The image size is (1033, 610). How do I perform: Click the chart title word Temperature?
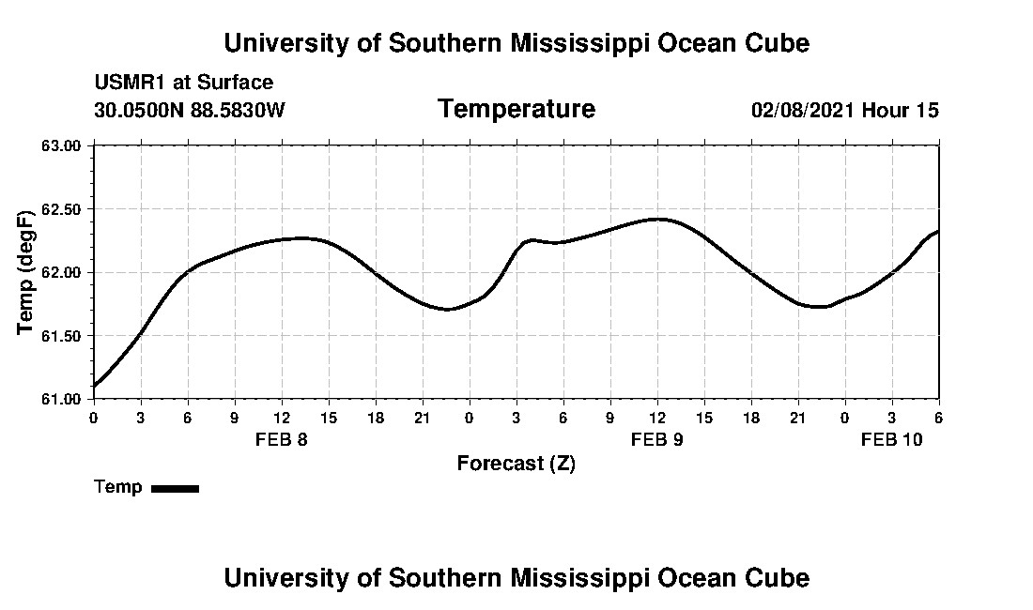516,110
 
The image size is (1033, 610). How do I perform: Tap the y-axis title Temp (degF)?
26,271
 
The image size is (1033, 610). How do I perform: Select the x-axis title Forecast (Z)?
516,464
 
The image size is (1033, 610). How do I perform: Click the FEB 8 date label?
281,439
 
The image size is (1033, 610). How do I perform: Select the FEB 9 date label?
656,439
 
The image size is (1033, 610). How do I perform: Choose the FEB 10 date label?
891,439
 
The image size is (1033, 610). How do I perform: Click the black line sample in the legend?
175,488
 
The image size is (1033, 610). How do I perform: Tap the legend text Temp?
118,487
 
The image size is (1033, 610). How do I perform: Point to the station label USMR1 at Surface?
184,83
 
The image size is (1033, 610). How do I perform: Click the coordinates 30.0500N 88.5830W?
189,111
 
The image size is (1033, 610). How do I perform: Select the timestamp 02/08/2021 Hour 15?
844,111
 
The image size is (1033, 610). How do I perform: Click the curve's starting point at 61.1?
94,386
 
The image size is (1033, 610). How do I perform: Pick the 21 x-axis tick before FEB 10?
797,417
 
